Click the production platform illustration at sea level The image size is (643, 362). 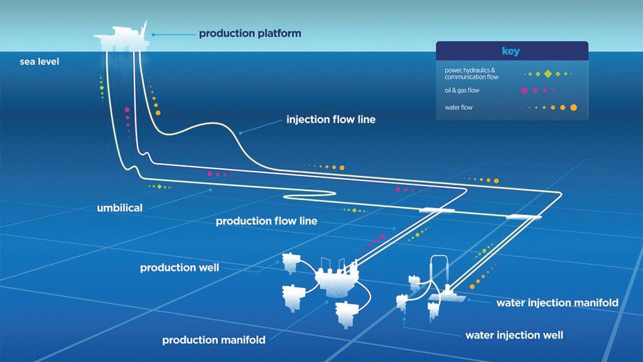pos(121,38)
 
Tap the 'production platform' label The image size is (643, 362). pos(250,34)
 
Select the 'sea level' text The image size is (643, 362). pos(40,62)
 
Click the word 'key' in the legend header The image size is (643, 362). pos(511,51)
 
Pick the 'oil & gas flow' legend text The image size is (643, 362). pos(462,90)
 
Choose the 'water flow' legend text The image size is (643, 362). pos(458,107)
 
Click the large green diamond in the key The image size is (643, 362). pos(548,74)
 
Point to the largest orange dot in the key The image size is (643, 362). pos(574,107)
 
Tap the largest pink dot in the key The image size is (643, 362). pos(524,90)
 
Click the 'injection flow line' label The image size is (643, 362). pos(331,119)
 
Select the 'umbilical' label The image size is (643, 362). pos(120,207)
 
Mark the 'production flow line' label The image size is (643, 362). pos(266,221)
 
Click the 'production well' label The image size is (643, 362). pos(180,268)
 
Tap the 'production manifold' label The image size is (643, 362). pos(213,340)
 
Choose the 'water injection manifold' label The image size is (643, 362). pos(558,303)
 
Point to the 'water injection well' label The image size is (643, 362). pos(514,336)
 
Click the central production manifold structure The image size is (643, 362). pos(337,279)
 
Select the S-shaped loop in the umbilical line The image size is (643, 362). pos(310,195)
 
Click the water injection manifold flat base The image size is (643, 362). pos(447,297)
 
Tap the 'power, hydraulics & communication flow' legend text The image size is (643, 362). pos(471,74)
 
